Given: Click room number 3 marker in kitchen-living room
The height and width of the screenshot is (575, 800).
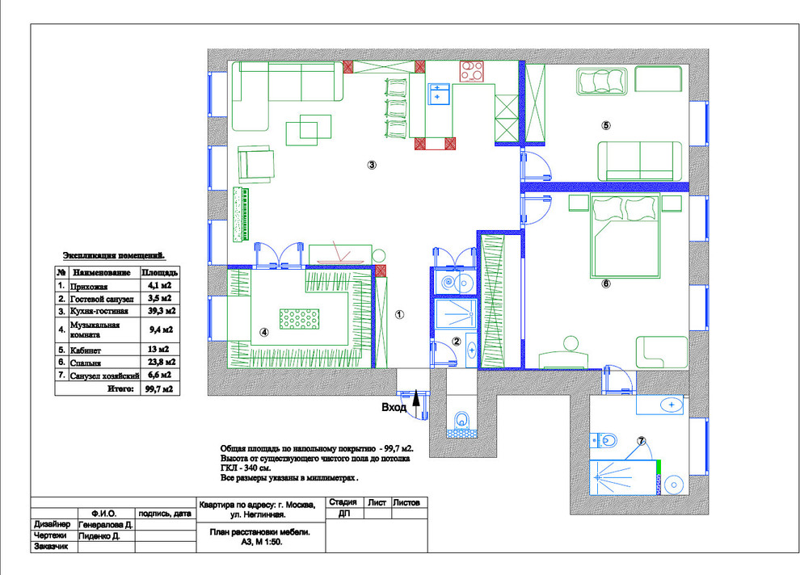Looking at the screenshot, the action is pos(372,165).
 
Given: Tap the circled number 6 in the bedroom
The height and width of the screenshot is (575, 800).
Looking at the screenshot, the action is pos(606,283).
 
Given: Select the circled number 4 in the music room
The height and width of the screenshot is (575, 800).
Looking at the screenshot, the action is pos(263,332).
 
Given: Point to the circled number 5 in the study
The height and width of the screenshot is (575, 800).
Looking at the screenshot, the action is pos(605,125).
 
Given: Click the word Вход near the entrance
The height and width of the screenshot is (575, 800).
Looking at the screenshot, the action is pos(394,407).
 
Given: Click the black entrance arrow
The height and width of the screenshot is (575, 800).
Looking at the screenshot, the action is pos(416,397).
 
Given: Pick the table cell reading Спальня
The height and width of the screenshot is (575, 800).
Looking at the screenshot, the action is pos(86,363).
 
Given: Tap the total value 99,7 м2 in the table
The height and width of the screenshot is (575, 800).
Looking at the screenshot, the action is pos(158,388).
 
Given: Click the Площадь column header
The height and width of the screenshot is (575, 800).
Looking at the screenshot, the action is pos(160,272).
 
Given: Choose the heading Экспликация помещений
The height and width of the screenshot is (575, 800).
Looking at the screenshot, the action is pos(114,255).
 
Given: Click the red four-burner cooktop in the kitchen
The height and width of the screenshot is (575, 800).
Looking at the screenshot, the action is pos(472,71).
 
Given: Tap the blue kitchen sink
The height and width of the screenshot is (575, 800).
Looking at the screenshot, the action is pos(438,94).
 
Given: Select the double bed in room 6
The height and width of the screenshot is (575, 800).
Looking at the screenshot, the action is pos(625,235).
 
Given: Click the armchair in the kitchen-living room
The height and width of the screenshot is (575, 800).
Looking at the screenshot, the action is pos(255,164).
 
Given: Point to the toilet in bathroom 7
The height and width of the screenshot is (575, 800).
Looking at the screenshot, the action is pos(604,439).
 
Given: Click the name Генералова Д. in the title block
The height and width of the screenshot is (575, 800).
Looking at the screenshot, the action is pos(106,525).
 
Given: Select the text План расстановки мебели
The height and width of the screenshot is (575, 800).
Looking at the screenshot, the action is pos(259,531).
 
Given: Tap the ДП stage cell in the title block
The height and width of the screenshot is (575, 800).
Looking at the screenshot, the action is pos(344,514).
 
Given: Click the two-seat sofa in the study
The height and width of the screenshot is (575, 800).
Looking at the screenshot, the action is pos(640,161).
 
